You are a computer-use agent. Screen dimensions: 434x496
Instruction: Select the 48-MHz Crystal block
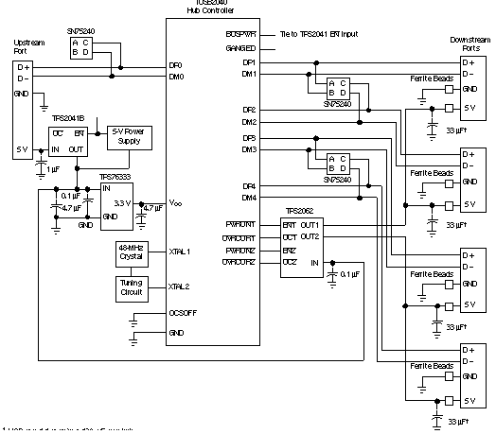pyautogui.click(x=129, y=252)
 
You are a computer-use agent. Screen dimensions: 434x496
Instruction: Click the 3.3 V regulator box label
pyautogui.click(x=120, y=202)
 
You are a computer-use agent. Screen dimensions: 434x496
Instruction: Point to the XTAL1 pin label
pyautogui.click(x=180, y=252)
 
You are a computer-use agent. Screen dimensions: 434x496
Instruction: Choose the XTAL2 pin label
pyautogui.click(x=180, y=286)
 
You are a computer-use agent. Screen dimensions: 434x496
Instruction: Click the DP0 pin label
pyautogui.click(x=175, y=64)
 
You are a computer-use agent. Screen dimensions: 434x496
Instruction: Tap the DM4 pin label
pyautogui.click(x=248, y=198)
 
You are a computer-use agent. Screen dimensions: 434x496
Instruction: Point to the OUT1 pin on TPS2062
pyautogui.click(x=310, y=224)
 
